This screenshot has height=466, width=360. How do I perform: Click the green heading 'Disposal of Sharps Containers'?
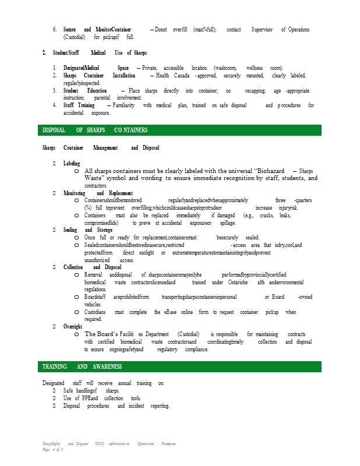(x=96, y=130)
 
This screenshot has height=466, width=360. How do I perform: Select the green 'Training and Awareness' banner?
(x=82, y=366)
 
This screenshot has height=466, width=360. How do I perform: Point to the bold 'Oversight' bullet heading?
(x=73, y=327)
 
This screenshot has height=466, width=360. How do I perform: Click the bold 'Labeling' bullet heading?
(x=72, y=164)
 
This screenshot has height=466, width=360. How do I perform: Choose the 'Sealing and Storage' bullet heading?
(x=88, y=230)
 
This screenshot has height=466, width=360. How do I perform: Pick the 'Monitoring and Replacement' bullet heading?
(x=98, y=193)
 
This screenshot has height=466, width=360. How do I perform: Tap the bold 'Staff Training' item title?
(x=79, y=105)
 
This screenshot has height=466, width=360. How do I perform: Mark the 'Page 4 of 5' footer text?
(x=52, y=450)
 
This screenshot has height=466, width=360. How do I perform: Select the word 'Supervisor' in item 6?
(x=263, y=29)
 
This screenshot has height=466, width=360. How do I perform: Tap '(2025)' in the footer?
(x=99, y=444)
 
